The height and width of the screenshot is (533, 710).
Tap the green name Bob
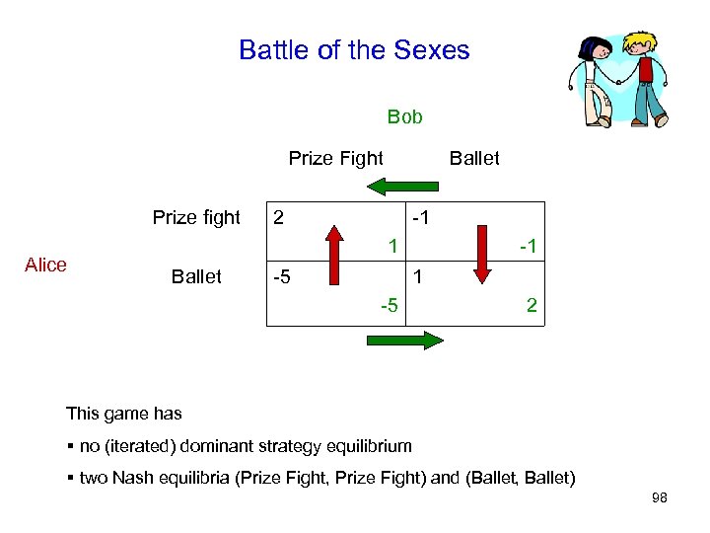[404, 117]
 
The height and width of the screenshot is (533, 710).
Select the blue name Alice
[45, 265]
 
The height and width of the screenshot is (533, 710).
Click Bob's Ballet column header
[474, 158]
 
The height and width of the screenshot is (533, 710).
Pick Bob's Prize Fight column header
[335, 158]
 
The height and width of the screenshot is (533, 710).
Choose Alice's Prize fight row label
[196, 218]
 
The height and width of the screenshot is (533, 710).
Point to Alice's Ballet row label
[196, 276]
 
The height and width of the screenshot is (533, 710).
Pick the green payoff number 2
[532, 306]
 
